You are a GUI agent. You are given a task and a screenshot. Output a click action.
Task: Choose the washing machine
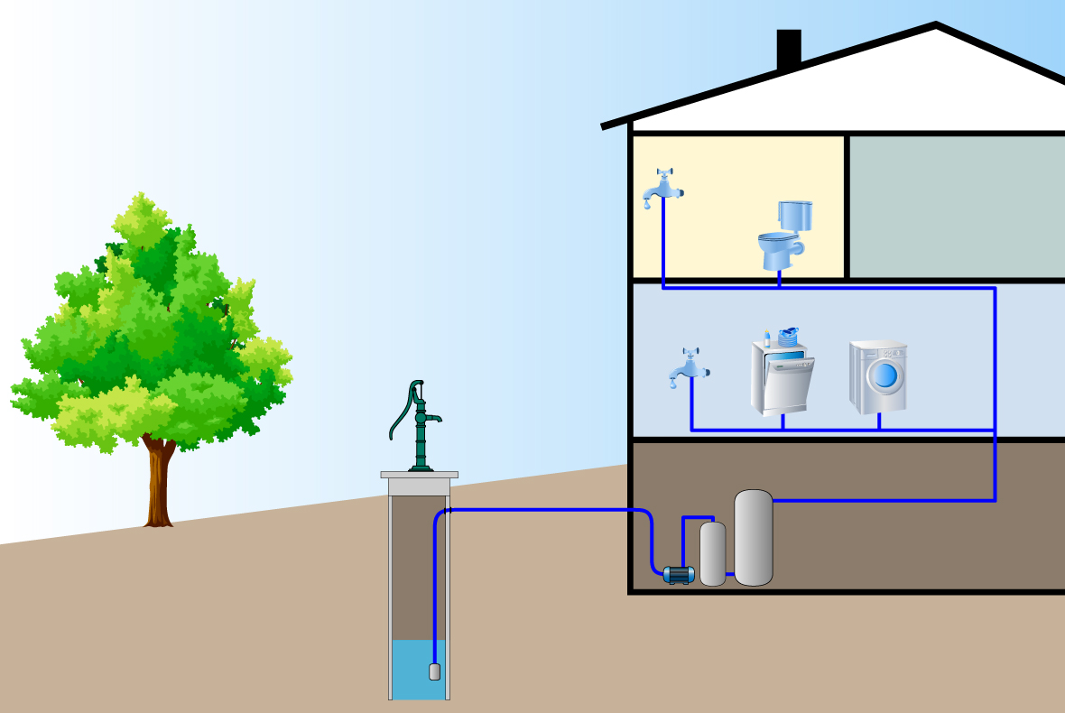point(878,376)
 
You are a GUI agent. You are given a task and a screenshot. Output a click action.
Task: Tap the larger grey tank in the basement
point(753,538)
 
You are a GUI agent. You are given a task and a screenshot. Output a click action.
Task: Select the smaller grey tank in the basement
point(713,553)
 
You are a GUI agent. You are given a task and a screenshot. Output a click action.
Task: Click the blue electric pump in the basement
point(677,574)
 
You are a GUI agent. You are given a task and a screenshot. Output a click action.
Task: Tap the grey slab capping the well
point(419,475)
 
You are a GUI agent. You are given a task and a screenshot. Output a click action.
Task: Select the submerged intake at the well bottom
point(434,671)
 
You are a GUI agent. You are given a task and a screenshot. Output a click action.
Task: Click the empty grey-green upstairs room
point(955,207)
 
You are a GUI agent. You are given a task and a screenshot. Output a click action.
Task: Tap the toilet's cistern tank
point(795,215)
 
